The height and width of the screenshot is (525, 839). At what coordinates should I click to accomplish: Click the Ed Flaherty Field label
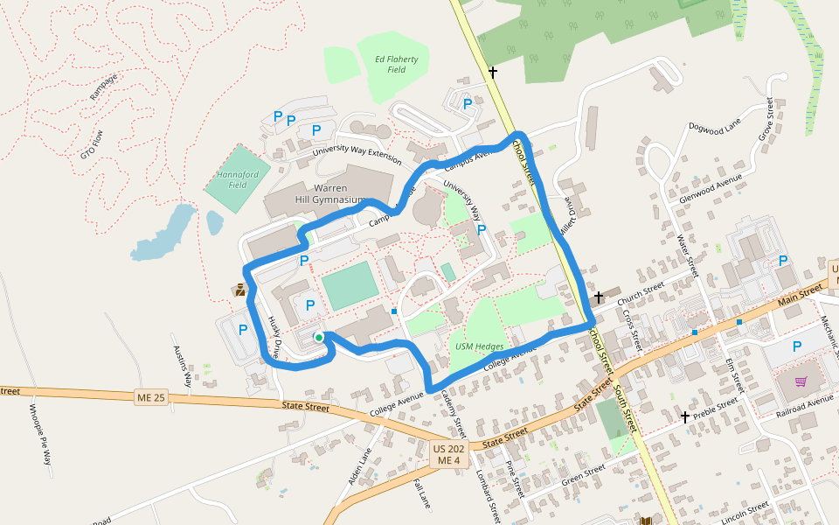(x=397, y=64)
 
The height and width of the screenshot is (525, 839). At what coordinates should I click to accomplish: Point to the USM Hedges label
(x=480, y=346)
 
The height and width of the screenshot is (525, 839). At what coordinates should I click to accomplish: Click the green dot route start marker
(x=319, y=337)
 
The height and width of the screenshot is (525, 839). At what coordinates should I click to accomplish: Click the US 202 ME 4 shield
(x=450, y=454)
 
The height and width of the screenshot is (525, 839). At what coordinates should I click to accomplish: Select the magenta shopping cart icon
(x=801, y=381)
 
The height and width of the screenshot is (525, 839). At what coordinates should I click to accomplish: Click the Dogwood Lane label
(x=714, y=127)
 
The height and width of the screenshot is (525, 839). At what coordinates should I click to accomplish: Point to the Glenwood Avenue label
(x=711, y=188)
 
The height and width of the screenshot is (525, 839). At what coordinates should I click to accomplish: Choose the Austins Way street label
(x=181, y=360)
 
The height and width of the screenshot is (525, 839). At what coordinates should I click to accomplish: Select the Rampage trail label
(x=103, y=87)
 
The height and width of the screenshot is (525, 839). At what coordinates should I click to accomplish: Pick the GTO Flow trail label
(x=92, y=143)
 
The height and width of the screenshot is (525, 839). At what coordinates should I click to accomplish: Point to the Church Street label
(x=642, y=296)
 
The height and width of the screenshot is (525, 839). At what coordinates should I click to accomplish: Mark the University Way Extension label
(x=357, y=156)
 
